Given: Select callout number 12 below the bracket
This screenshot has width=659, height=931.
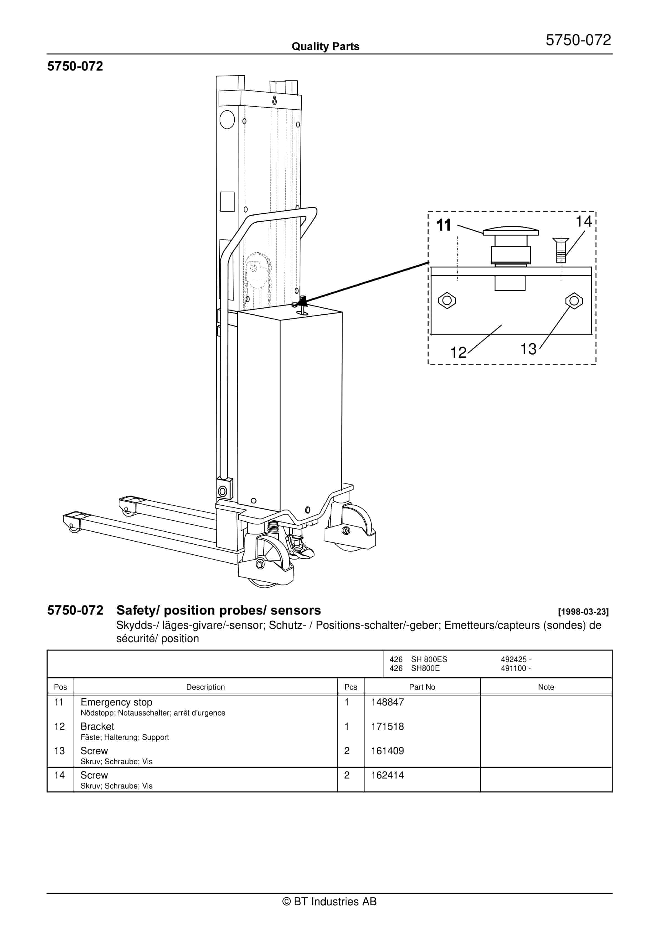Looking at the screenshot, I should point(459,352).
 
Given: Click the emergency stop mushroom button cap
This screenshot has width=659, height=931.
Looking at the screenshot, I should point(511,231).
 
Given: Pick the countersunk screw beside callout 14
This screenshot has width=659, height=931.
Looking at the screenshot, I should point(561,250).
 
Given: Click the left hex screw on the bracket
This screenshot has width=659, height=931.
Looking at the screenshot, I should point(447,301).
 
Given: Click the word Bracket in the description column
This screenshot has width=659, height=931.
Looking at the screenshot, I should point(97,726).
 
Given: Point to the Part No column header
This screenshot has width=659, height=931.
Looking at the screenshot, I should point(422,687).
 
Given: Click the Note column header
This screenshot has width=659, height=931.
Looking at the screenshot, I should point(546,687).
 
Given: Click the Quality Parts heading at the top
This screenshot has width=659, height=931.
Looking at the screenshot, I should point(325,46).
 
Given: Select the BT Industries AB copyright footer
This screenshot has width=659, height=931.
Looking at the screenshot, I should point(329,901).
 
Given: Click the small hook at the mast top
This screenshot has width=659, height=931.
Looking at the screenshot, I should point(275,100).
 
